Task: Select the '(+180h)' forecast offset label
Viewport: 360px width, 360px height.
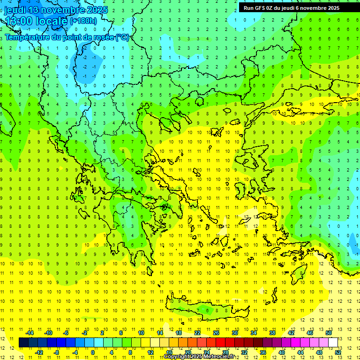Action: [83, 21]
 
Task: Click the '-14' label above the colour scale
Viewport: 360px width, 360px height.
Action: [30, 333]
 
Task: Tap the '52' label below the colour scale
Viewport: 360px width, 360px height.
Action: [338, 352]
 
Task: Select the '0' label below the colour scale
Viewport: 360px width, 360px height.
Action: [92, 352]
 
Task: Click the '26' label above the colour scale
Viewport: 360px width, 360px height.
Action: [216, 333]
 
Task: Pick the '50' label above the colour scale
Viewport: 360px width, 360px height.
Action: [328, 333]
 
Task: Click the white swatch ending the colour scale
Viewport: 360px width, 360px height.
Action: [333, 343]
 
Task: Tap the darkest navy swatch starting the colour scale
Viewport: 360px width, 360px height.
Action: [23, 343]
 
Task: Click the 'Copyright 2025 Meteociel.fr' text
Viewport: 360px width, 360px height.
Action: [199, 357]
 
